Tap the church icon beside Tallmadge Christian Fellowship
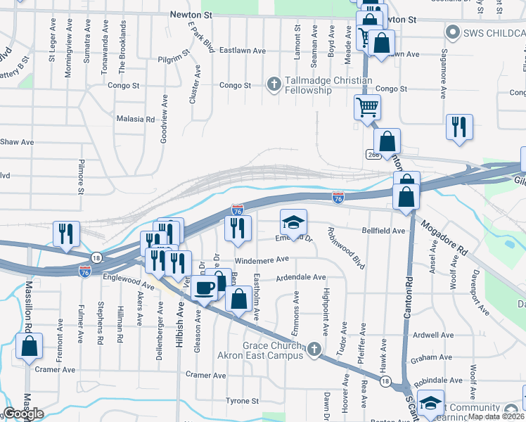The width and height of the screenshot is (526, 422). pyautogui.click(x=274, y=85)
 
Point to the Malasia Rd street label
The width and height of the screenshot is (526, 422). pyautogui.click(x=135, y=120)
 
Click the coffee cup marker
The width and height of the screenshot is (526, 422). pyautogui.click(x=204, y=287)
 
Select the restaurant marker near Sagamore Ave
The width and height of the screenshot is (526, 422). pyautogui.click(x=459, y=127)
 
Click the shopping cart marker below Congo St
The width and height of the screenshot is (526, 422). pyautogui.click(x=367, y=108)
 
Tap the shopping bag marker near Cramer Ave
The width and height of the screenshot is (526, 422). pyautogui.click(x=28, y=347)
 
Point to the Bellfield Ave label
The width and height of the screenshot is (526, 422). pyautogui.click(x=383, y=231)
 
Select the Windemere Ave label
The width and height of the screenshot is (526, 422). pyautogui.click(x=267, y=260)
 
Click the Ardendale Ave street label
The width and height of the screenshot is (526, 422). pyautogui.click(x=301, y=278)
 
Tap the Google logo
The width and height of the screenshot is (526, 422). pyautogui.click(x=23, y=414)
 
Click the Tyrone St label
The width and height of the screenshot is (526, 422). pyautogui.click(x=243, y=400)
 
